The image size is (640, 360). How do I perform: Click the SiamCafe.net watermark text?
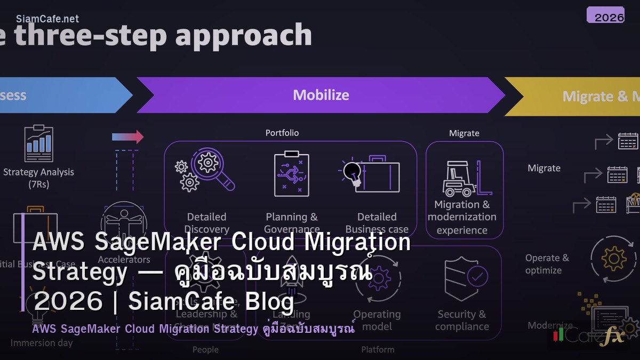(x=47, y=19)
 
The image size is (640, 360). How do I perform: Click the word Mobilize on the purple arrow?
(x=321, y=95)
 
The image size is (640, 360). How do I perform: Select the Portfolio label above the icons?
(x=282, y=133)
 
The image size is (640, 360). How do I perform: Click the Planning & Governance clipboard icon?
(x=291, y=174)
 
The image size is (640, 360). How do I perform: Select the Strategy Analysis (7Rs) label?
(x=38, y=178)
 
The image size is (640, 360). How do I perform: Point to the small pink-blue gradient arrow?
(x=127, y=137)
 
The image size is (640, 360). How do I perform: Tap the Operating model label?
(x=377, y=320)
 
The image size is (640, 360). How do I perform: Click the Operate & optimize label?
(x=547, y=264)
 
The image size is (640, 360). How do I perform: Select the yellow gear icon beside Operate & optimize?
(x=613, y=259)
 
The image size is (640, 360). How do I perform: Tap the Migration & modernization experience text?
(x=462, y=217)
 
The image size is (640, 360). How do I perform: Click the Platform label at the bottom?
(x=378, y=349)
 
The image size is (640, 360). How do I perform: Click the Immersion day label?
(x=42, y=343)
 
